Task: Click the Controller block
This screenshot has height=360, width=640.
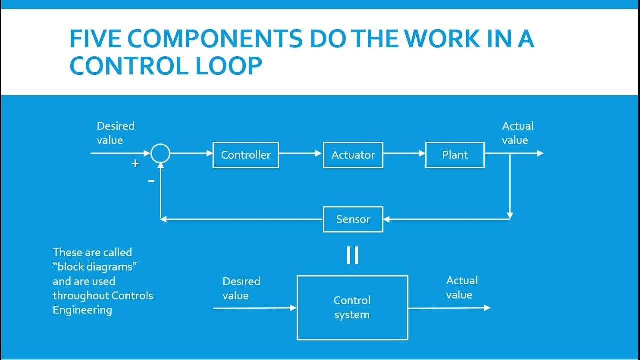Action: point(245,155)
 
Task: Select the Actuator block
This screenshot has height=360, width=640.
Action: point(353,155)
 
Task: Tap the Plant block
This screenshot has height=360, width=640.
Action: point(455,155)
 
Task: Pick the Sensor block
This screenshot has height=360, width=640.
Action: point(353,219)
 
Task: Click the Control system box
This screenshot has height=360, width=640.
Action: point(352,308)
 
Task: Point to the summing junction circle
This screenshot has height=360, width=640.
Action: point(160,154)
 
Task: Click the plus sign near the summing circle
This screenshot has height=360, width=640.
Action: point(135,163)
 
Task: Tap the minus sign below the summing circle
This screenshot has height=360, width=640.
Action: point(151,181)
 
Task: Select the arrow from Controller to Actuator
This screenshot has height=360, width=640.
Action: point(300,154)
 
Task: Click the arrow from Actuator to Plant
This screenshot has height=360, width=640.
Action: point(404,154)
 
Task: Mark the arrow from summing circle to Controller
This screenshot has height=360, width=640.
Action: point(191,154)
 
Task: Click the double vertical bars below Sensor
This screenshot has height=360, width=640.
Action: point(352,255)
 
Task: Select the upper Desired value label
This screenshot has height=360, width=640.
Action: point(115,133)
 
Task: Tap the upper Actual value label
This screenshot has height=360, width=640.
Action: point(517,133)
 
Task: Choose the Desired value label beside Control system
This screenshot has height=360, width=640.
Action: point(241,288)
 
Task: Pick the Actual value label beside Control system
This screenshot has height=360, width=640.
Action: point(461,287)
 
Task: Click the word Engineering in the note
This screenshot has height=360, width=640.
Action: point(82,310)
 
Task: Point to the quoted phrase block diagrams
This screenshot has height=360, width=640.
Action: point(95,267)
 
